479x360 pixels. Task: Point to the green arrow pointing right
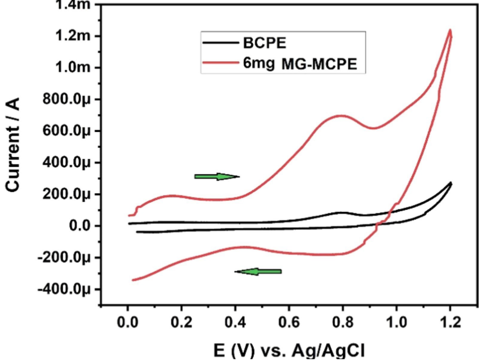[x=217, y=177]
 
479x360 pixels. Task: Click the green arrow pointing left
[x=258, y=271]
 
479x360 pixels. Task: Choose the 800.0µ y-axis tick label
[x=66, y=99]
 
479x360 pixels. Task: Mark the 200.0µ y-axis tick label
[x=66, y=194]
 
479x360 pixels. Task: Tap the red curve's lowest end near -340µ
[x=133, y=280]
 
